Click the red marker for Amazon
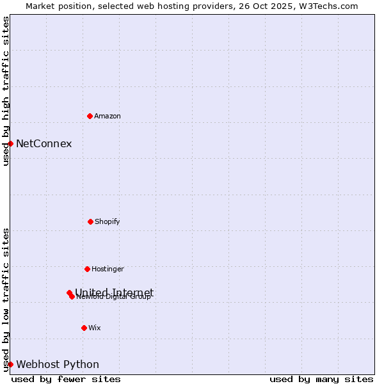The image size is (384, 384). point(90,116)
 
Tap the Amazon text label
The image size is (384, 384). point(108,116)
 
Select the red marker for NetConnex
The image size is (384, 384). point(11,143)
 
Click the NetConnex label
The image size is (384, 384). point(44,143)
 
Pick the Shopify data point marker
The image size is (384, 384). point(90,221)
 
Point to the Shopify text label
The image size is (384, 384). point(108,222)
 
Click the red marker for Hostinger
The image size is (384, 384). point(87,269)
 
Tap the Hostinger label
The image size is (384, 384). point(108,269)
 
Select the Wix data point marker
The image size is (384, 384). point(84,328)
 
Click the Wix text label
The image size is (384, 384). point(95,328)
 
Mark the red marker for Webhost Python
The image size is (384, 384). point(11,364)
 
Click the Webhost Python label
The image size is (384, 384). point(58,365)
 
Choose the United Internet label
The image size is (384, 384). point(114,292)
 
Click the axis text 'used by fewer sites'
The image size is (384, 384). point(66,379)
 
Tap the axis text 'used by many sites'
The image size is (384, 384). point(321,379)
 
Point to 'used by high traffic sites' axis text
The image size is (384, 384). point(6,91)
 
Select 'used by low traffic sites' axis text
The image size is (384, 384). point(6,299)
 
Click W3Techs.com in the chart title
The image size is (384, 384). point(327,6)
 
